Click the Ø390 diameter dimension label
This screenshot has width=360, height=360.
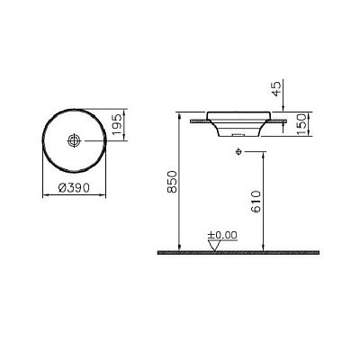pos(74,188)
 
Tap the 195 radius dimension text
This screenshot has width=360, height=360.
pos(119,124)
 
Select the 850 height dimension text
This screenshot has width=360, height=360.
pos(172,182)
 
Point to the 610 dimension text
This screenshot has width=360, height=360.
pos(256,202)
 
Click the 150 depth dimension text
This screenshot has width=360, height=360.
pos(301,123)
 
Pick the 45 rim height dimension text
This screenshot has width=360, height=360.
pos(276,88)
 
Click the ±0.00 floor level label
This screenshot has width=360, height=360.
pos(222,235)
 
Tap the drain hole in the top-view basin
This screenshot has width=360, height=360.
pos(74,140)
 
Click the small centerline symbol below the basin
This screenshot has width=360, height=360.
pos(238,152)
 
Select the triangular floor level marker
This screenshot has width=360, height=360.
pos(214,246)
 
